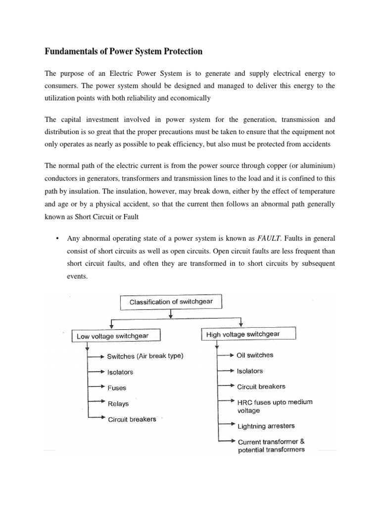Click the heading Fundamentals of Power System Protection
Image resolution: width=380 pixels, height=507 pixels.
[x=124, y=51]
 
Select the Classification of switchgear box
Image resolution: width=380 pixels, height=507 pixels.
[x=169, y=301]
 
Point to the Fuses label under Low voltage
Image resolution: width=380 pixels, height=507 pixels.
[x=117, y=388]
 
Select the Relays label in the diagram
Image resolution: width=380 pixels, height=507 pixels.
[x=118, y=404]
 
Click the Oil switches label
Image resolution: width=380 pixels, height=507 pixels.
[x=255, y=355]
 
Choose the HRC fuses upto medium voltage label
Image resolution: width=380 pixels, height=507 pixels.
[x=275, y=406]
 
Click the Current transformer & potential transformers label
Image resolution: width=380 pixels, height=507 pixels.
[x=271, y=446]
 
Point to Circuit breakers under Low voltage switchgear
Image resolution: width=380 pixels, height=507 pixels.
[x=132, y=419]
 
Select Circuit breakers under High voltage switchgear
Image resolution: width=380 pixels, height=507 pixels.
[x=261, y=386]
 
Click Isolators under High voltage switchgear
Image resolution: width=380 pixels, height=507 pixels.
[x=250, y=371]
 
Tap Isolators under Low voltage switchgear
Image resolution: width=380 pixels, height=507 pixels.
[x=120, y=372]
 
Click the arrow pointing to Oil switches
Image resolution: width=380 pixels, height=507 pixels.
[x=226, y=355]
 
